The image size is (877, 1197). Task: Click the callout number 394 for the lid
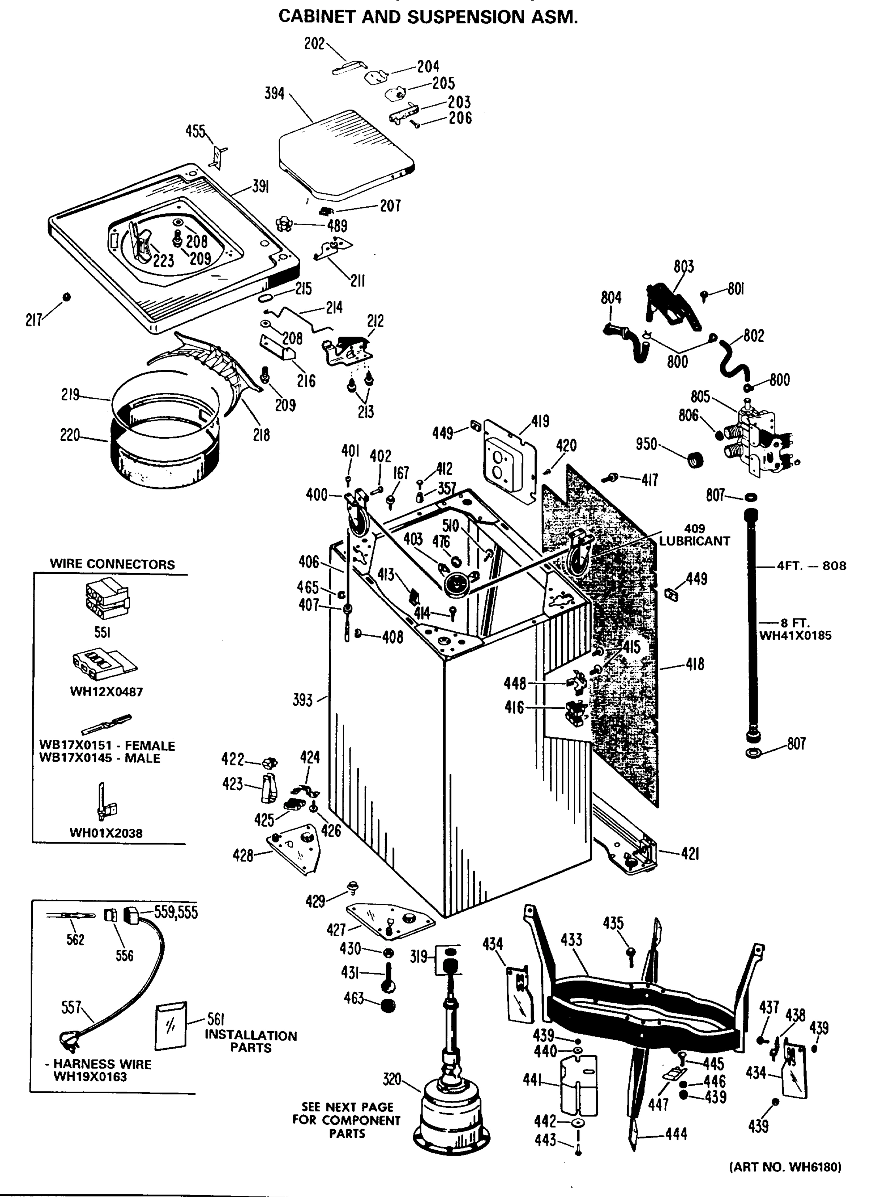pyautogui.click(x=274, y=94)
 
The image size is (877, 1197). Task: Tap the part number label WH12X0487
pyautogui.click(x=106, y=692)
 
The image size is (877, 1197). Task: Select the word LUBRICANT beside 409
pyautogui.click(x=694, y=541)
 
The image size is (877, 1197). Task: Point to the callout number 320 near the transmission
pyautogui.click(x=392, y=1079)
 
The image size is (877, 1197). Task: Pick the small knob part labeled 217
pyautogui.click(x=67, y=297)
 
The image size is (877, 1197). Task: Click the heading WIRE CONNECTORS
pyautogui.click(x=112, y=564)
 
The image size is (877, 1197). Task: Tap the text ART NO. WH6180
pyautogui.click(x=785, y=1167)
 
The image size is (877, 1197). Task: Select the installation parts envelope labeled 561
pyautogui.click(x=171, y=1025)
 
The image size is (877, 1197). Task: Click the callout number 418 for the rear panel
pyautogui.click(x=695, y=664)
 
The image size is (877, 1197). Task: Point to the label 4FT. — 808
pyautogui.click(x=811, y=565)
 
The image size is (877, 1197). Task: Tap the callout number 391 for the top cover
pyautogui.click(x=259, y=187)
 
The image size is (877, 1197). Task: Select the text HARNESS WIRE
pyautogui.click(x=102, y=1064)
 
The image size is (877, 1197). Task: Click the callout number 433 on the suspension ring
pyautogui.click(x=571, y=940)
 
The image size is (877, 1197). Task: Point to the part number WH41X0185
pyautogui.click(x=795, y=635)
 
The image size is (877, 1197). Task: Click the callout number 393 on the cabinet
pyautogui.click(x=303, y=700)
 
